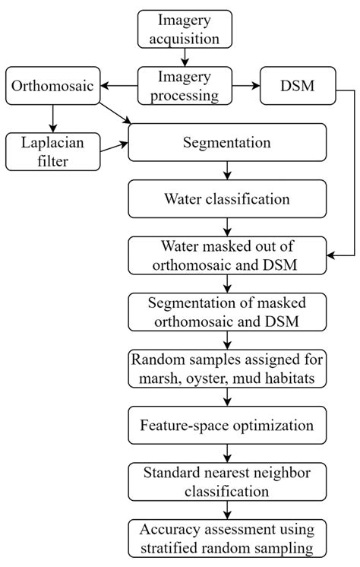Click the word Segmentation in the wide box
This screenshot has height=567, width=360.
coord(228,143)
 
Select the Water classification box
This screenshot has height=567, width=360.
coord(228,200)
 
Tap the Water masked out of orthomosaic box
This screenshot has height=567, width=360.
coord(228,256)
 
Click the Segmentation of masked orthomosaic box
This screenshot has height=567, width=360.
coord(228,312)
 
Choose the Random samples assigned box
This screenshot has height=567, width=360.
coord(228,368)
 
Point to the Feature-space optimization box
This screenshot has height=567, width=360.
coord(228,423)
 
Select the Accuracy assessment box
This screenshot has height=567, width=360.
coord(228,538)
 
